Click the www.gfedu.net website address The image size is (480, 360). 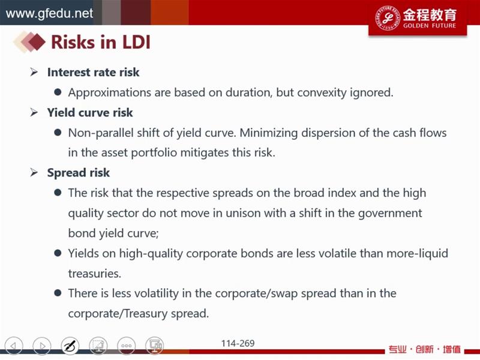(49, 13)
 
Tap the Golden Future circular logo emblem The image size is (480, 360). (387, 18)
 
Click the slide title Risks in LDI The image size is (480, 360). (101, 42)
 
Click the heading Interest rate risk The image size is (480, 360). (93, 72)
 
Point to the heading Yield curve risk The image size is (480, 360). (90, 113)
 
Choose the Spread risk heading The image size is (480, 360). (79, 173)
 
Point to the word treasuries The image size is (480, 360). (95, 274)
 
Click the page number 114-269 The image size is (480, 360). (238, 343)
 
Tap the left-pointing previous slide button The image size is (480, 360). (14, 346)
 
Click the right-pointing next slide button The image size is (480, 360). (42, 346)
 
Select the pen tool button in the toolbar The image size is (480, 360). (70, 346)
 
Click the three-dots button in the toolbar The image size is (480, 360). (127, 346)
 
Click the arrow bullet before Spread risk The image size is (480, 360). (34, 173)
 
